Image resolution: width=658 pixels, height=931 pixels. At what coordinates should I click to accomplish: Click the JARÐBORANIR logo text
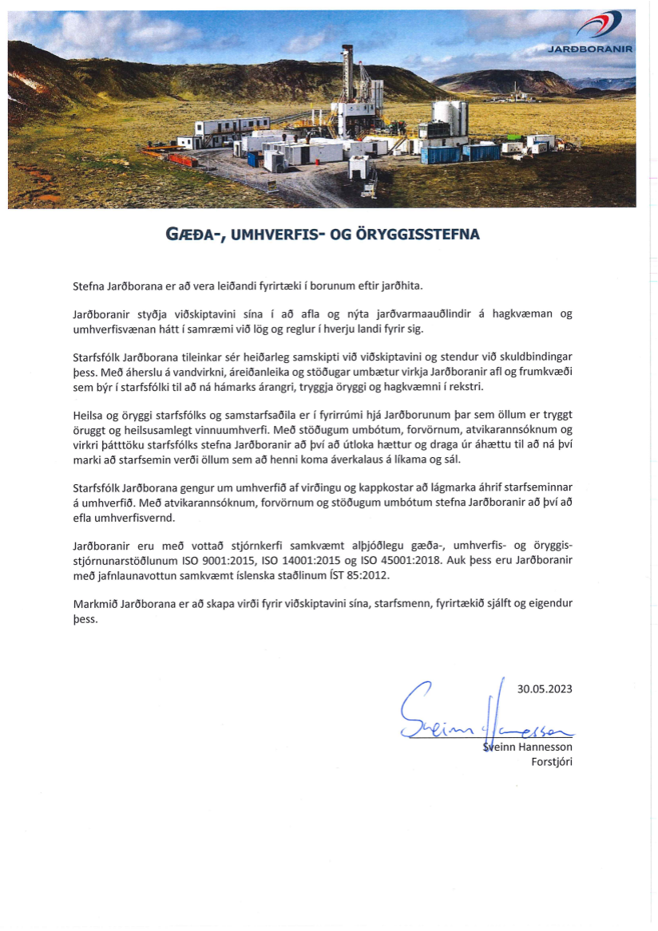(x=591, y=48)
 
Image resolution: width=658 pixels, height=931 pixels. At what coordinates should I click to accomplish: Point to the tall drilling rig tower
(x=347, y=76)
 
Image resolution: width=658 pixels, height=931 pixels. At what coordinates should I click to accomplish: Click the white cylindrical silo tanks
(x=450, y=118)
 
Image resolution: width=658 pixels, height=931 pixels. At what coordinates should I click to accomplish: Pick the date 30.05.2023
(x=545, y=688)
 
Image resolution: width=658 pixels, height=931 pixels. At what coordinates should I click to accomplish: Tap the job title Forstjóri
(x=552, y=761)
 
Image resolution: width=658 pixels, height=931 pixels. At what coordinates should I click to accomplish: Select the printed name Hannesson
(x=546, y=747)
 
